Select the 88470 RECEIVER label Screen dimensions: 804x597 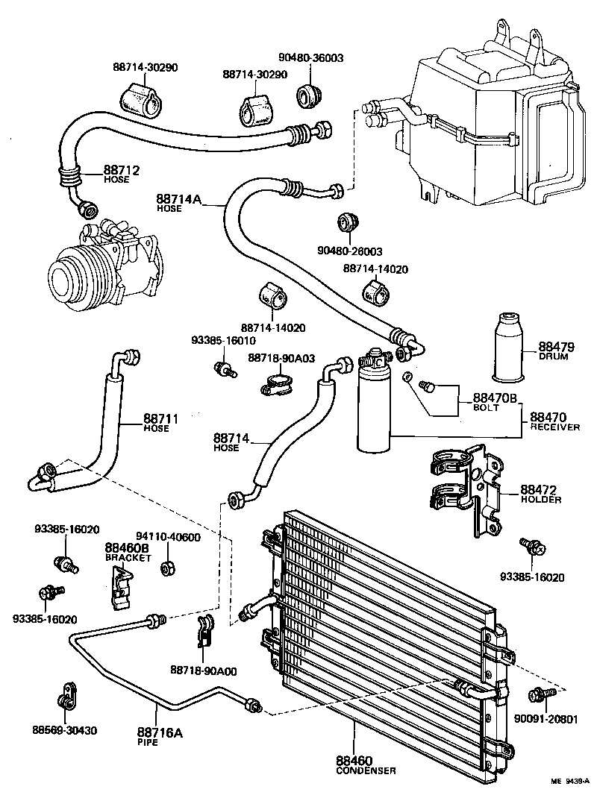554,421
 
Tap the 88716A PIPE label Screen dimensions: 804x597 159,737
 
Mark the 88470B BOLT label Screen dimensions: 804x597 494,403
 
